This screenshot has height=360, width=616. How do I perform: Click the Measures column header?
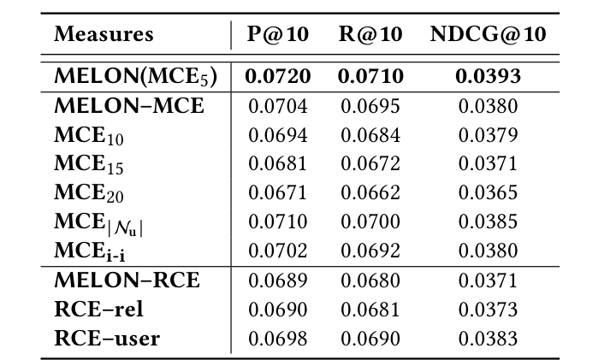[x=104, y=35]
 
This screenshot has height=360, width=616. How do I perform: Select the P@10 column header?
[x=277, y=35]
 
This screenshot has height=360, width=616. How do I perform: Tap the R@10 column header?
[x=371, y=35]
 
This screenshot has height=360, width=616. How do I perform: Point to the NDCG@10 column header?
[x=487, y=35]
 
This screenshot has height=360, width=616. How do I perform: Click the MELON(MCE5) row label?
[x=135, y=77]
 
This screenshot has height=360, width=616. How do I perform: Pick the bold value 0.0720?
[x=277, y=77]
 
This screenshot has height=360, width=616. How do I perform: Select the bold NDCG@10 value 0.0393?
[x=487, y=77]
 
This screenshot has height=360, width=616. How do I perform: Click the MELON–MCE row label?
[x=129, y=107]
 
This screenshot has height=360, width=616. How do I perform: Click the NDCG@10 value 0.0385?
[x=487, y=222]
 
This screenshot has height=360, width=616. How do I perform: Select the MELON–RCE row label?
[x=127, y=280]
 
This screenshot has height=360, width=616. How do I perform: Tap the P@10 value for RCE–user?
[x=277, y=339]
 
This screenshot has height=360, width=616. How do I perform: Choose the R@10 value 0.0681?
[x=370, y=310]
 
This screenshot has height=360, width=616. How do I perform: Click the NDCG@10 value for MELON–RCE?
[x=487, y=280]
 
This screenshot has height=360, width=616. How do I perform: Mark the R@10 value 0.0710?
[x=370, y=77]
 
